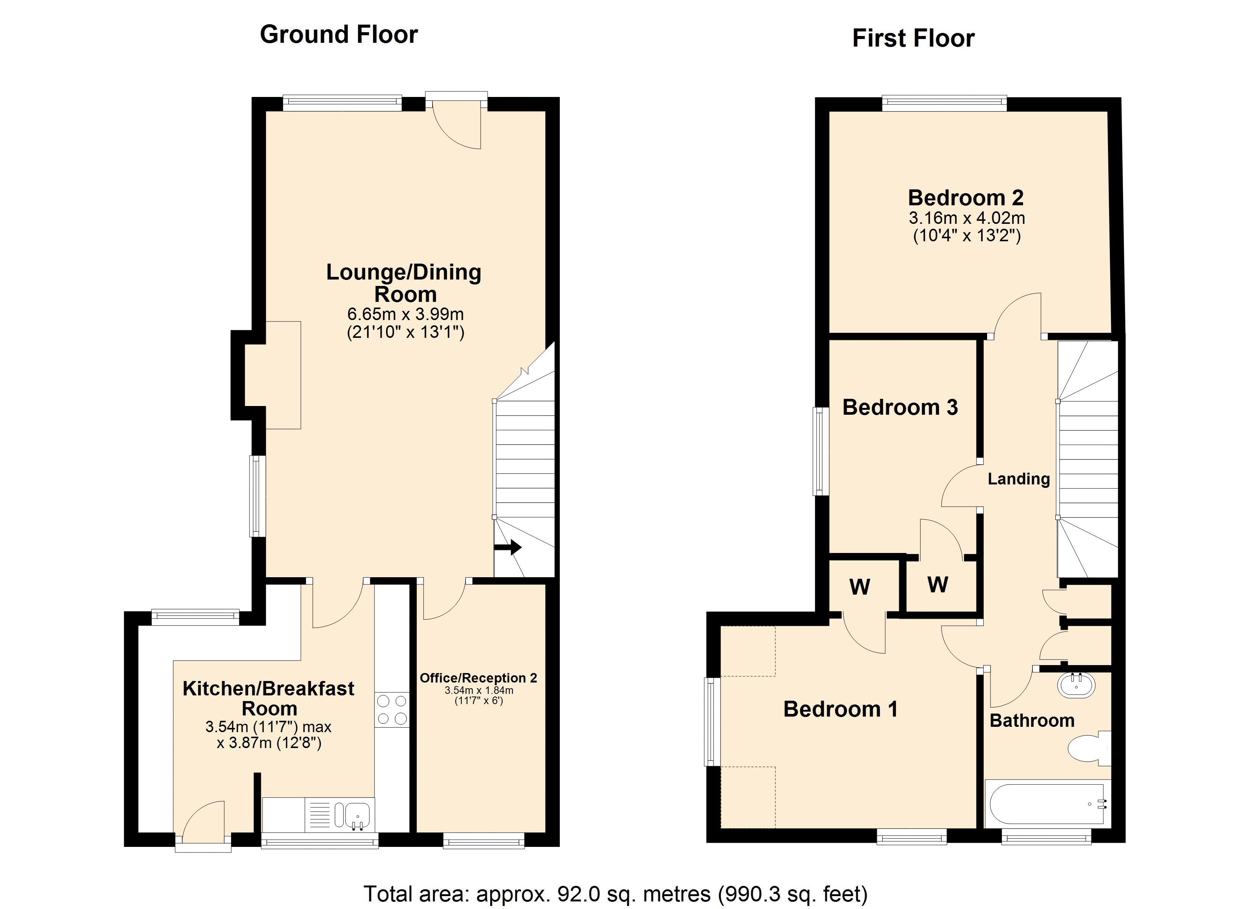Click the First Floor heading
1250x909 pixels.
tap(913, 38)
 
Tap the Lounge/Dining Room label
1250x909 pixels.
tap(404, 283)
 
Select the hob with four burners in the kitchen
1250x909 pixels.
tap(392, 710)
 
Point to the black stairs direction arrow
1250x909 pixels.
tap(508, 547)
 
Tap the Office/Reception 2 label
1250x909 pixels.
tap(478, 678)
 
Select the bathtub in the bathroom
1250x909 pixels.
tap(1047, 804)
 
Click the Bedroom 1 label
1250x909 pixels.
tap(841, 709)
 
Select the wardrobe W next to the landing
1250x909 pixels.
tap(937, 584)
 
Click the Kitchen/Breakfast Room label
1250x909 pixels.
tap(269, 698)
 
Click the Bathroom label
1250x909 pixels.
tap(1032, 720)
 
